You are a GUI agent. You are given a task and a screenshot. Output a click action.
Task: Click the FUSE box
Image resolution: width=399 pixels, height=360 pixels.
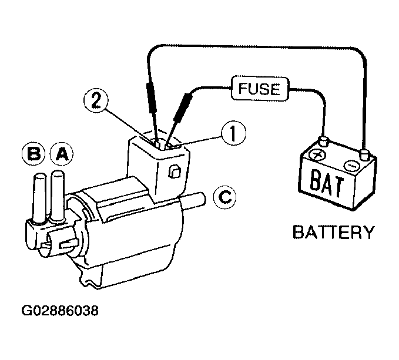260,88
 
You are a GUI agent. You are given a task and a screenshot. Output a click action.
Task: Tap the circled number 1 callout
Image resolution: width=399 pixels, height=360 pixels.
233,133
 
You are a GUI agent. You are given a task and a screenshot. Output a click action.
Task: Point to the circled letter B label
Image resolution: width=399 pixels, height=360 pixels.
34,154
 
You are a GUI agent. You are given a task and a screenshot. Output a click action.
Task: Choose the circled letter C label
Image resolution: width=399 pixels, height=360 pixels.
224,197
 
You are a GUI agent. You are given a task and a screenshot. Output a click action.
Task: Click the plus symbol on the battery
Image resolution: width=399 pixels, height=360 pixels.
317,154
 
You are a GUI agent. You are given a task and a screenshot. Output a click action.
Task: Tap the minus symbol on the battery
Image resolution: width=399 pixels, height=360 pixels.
351,166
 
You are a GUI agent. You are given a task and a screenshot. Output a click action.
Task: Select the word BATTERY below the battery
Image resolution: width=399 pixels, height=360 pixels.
334,232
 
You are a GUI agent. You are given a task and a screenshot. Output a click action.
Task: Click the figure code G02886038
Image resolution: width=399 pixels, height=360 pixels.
60,311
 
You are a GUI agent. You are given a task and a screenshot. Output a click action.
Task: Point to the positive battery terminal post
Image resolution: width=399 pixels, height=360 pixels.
324,142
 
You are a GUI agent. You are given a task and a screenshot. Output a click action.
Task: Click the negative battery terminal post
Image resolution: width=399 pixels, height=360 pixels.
364,155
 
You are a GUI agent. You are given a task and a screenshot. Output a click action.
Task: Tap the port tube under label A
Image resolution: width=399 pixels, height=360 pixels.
58,196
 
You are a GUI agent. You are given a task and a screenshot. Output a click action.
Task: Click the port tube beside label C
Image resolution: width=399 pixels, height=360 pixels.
193,199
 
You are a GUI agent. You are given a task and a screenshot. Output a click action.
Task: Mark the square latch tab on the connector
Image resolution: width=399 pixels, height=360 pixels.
175,172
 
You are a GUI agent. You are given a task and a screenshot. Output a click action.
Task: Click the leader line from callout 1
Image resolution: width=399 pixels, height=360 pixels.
196,142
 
